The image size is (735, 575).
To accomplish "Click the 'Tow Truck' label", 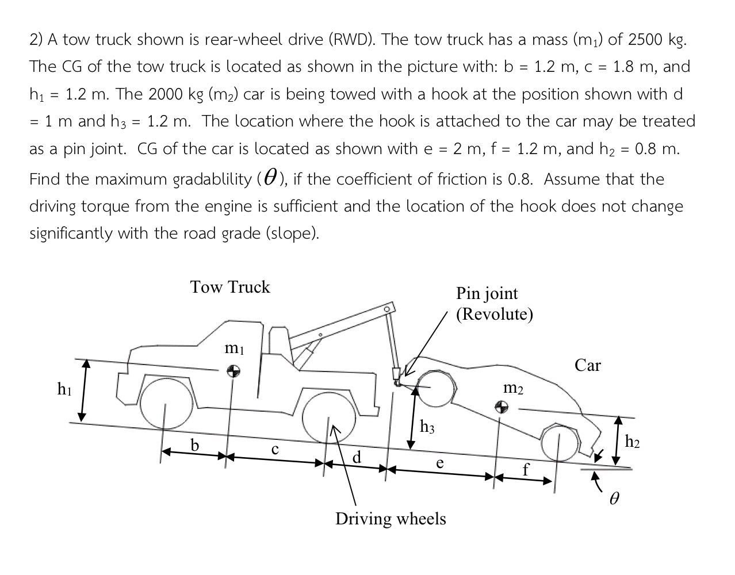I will pos(229,287).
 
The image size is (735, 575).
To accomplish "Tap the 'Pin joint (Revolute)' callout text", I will pos(494,304).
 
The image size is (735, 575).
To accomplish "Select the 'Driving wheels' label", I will pos(391,519).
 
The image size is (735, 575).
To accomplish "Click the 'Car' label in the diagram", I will pos(587,365).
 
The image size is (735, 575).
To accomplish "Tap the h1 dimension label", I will pos(64,389).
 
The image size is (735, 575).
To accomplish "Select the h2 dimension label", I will pos(632,442).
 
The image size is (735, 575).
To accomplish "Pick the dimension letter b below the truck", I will pos(195,446).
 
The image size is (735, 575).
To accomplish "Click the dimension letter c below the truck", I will pos(275,450).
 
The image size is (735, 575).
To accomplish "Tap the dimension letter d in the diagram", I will pos(357,457).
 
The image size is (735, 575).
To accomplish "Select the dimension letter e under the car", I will pos(439,463).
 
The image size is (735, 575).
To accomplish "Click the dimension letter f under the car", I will pos(525,470).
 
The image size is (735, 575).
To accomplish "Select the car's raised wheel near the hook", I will pos(435,388).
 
